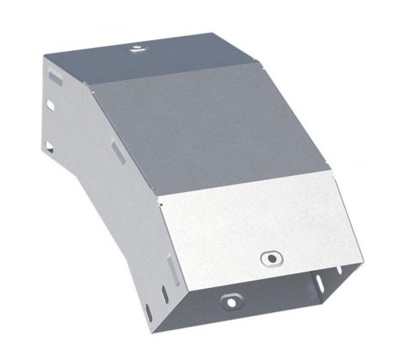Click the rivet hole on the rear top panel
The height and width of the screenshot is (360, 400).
[137, 50]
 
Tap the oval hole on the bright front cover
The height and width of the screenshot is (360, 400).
[272, 258]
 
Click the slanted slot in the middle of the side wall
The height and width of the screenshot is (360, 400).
[117, 153]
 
